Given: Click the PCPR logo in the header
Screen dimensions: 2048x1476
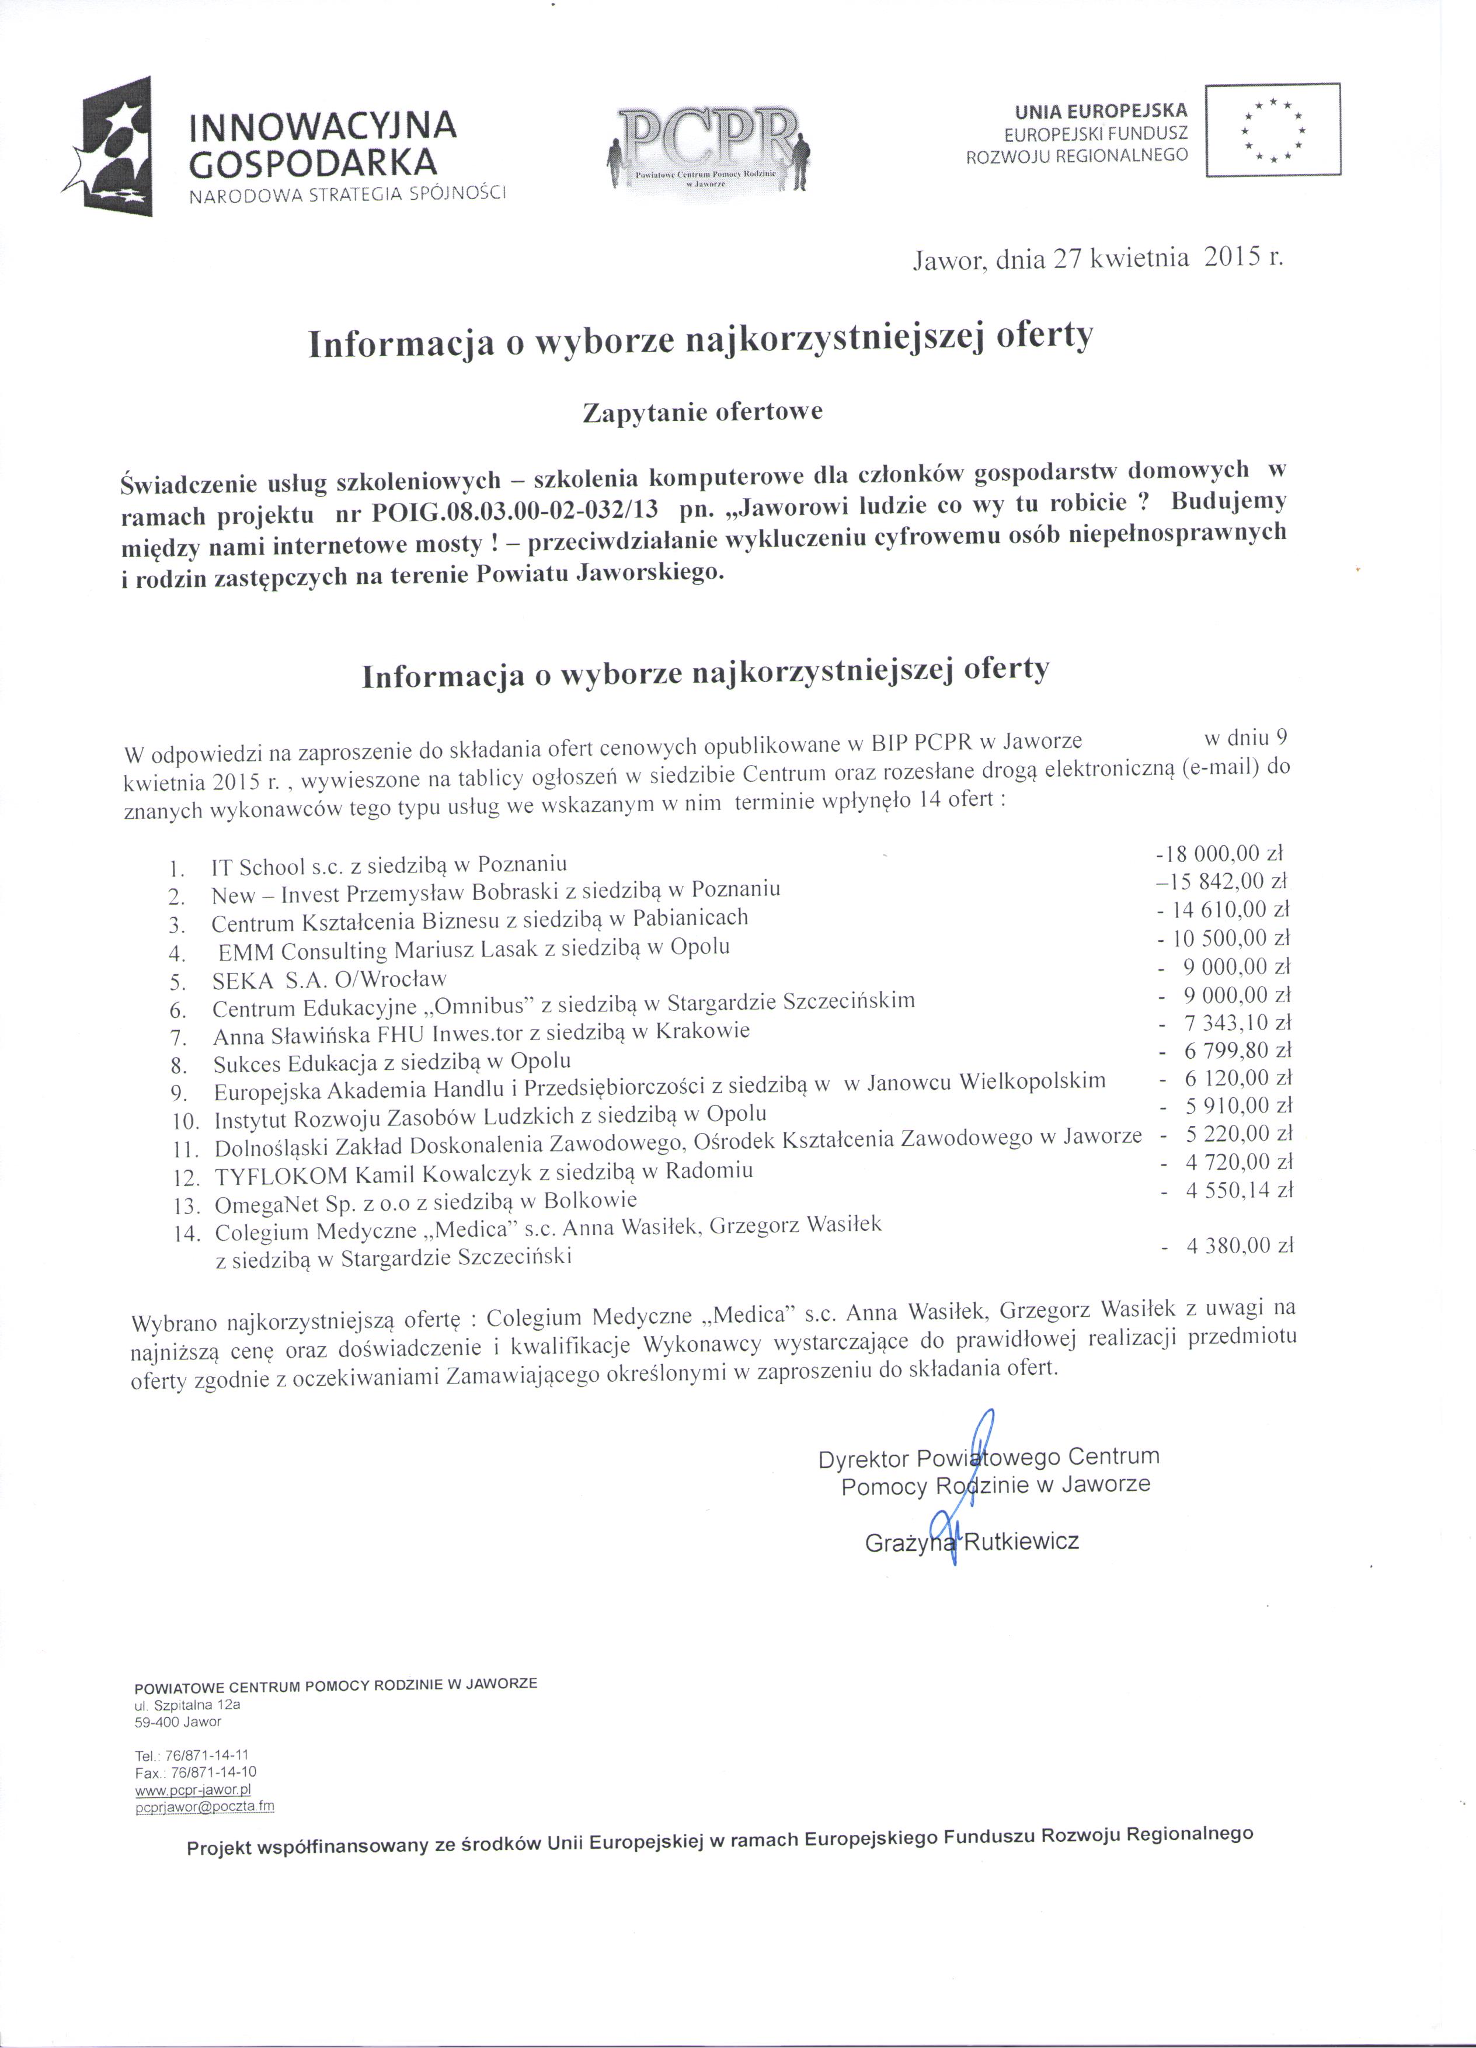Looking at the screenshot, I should pos(711,148).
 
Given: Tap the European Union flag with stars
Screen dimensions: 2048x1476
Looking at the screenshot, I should pos(1272,129).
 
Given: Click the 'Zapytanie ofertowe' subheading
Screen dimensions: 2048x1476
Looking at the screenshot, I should pos(702,413).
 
